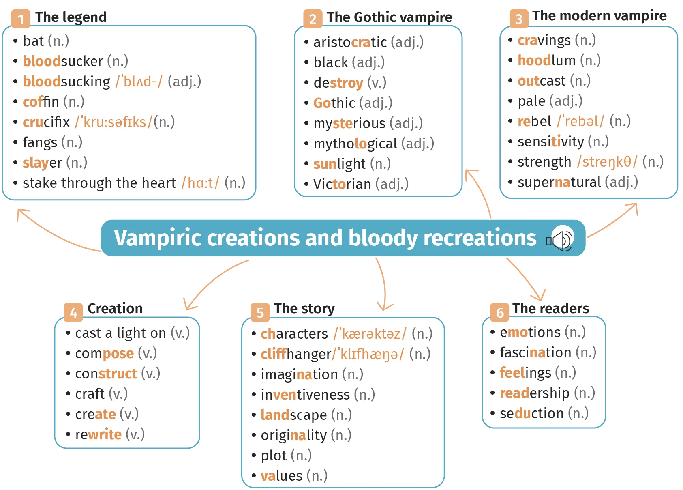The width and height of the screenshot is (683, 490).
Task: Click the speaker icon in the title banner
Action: point(561,239)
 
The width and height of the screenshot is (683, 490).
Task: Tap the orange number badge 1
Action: point(21,19)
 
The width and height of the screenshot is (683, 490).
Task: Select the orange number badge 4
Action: point(73,312)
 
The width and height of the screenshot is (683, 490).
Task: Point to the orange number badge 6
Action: point(500,312)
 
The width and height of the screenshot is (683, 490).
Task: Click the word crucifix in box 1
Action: point(46,122)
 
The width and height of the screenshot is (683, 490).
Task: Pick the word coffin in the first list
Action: point(41,102)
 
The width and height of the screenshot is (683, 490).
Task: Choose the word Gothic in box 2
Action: point(334,103)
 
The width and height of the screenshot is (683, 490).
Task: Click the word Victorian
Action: point(342,184)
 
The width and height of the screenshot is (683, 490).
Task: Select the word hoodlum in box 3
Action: point(546,60)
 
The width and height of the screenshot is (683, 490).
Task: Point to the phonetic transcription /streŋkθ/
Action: point(607,162)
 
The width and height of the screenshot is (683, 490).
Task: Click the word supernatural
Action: point(559,182)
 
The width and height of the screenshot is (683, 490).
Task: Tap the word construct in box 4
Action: point(106,374)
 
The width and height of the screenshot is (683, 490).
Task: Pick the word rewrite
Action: point(98,434)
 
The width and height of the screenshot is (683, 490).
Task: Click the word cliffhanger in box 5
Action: point(296,354)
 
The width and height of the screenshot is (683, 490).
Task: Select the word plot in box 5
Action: point(274,456)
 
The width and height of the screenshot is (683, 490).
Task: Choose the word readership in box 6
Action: point(534,393)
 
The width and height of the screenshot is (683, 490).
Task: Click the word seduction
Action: point(531,413)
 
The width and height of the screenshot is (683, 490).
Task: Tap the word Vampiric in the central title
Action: point(157,238)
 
